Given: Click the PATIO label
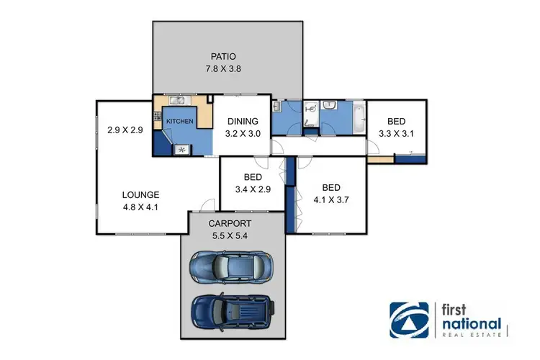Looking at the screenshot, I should [223, 56].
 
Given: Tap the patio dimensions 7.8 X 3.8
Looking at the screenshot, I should [223, 70].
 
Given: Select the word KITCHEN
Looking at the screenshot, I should [179, 122].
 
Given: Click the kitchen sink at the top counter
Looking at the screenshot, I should [180, 101].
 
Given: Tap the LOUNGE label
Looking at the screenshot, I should [140, 194].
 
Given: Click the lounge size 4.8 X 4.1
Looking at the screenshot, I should [140, 207].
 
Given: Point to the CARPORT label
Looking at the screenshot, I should [238, 223].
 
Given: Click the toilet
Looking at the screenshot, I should [311, 108].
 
